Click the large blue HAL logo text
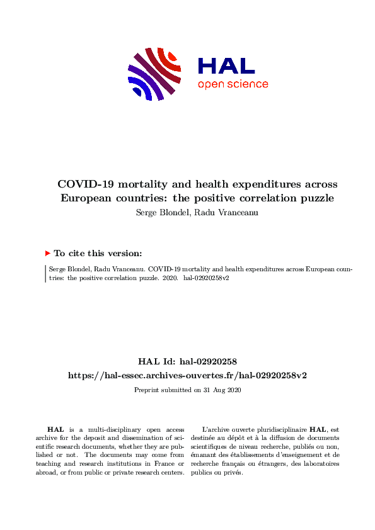coord(226,66)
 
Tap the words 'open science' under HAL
coord(233,84)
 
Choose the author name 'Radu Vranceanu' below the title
coord(214,211)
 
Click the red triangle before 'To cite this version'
coord(47,253)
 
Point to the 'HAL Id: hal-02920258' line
coord(187,361)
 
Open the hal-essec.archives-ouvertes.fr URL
coord(187,375)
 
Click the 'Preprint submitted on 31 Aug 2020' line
coord(187,390)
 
